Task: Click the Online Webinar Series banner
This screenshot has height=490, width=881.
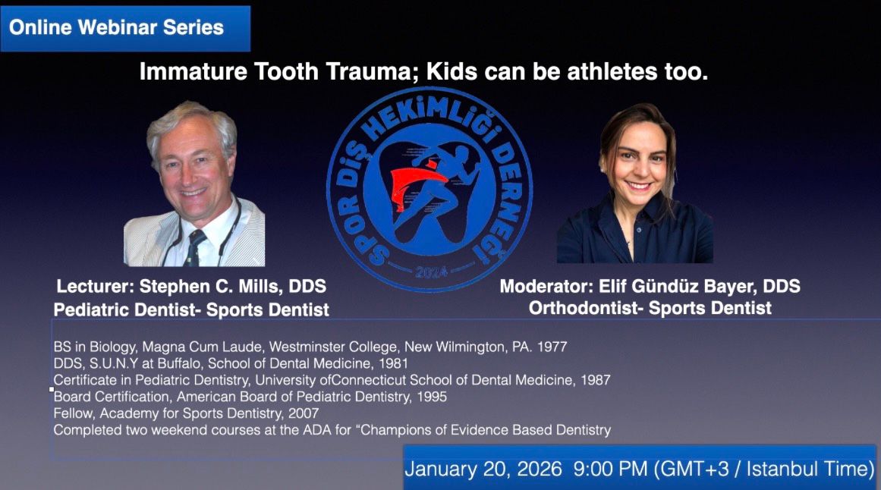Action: pos(125,29)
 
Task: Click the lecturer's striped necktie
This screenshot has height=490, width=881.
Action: pos(194,248)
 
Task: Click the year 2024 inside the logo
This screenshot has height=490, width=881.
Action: pos(431,272)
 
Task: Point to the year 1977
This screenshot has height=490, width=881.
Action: pos(552,347)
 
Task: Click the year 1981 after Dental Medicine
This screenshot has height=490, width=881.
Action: pos(393,363)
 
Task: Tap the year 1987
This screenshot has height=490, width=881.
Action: pos(595,381)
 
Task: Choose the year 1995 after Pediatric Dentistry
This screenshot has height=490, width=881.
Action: pos(432,397)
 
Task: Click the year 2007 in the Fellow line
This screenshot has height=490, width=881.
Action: pos(304,413)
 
